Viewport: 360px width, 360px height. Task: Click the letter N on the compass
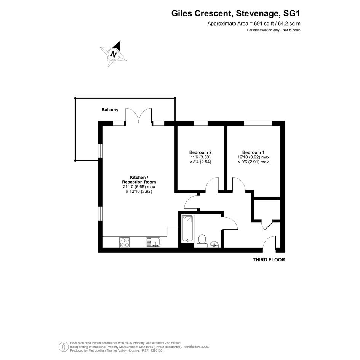[x=114, y=54]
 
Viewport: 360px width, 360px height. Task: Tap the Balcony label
[x=110, y=110]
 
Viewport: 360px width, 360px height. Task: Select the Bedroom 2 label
[x=200, y=152]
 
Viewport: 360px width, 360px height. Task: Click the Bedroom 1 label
[x=253, y=152]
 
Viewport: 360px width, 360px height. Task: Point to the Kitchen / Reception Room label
[x=139, y=179]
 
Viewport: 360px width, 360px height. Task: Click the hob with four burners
[x=125, y=242]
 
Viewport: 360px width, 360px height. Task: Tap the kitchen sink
[x=153, y=242]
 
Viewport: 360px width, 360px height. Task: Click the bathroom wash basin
[x=215, y=244]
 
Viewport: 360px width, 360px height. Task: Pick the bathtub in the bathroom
[x=187, y=229]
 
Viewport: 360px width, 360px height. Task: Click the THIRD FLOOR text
[x=269, y=260]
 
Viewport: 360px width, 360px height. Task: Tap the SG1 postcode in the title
[x=291, y=14]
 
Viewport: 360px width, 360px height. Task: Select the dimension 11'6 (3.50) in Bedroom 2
[x=200, y=157]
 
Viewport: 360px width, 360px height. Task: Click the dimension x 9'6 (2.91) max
[x=253, y=162]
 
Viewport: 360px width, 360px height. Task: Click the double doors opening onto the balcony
[x=138, y=115]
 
